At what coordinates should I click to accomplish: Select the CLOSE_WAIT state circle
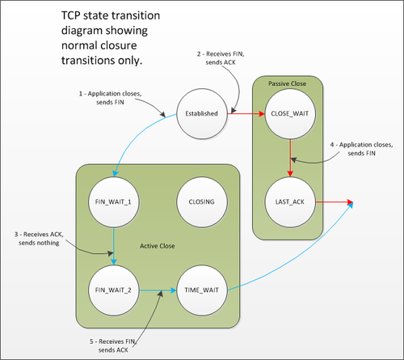coord(289,114)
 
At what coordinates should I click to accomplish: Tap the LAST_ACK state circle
coord(289,201)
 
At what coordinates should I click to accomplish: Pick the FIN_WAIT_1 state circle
coord(113,201)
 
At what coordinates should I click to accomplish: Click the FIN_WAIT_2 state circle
coord(113,288)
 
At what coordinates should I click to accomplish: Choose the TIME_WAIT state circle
coord(200,288)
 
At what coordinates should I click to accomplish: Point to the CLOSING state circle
coord(200,201)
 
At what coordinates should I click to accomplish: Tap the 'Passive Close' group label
coord(289,83)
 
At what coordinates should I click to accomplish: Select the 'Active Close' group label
coord(158,245)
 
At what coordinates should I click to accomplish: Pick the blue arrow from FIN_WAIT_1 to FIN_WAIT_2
coord(113,244)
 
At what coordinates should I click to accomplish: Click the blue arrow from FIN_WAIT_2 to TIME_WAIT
coord(157,288)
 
